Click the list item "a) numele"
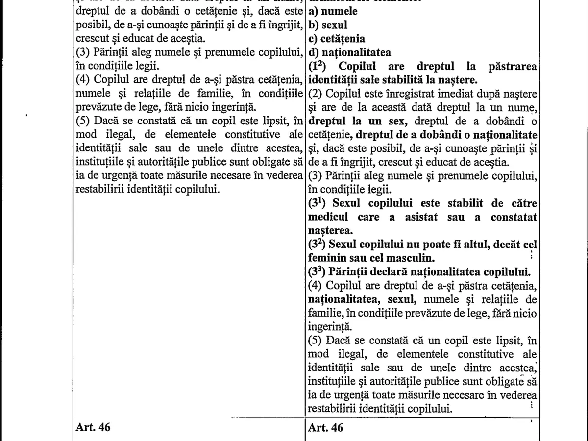coord(333,11)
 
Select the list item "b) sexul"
coord(328,24)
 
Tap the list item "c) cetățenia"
coord(337,38)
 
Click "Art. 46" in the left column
coord(93,427)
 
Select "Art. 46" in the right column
coord(326,427)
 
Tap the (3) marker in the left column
coord(83,52)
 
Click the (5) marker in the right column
coord(316,340)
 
